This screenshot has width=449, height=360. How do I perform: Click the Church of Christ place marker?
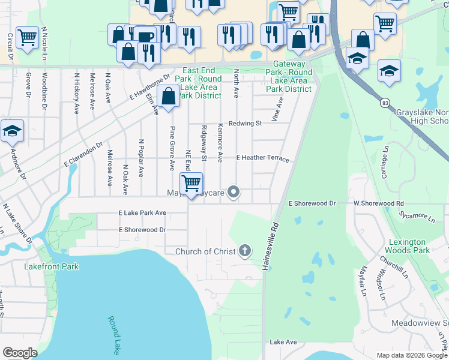(244, 251)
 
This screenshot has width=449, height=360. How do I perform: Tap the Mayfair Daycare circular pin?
(235, 193)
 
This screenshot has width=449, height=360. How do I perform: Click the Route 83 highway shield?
(385, 103)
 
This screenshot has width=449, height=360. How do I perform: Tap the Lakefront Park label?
(47, 265)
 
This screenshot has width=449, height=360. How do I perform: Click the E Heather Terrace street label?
(263, 158)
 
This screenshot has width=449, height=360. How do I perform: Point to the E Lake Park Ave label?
(142, 213)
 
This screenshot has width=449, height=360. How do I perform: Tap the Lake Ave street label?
(283, 342)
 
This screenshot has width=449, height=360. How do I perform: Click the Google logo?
(20, 353)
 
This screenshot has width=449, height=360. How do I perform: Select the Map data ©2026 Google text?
(412, 355)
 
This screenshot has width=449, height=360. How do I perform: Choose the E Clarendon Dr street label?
(83, 155)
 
